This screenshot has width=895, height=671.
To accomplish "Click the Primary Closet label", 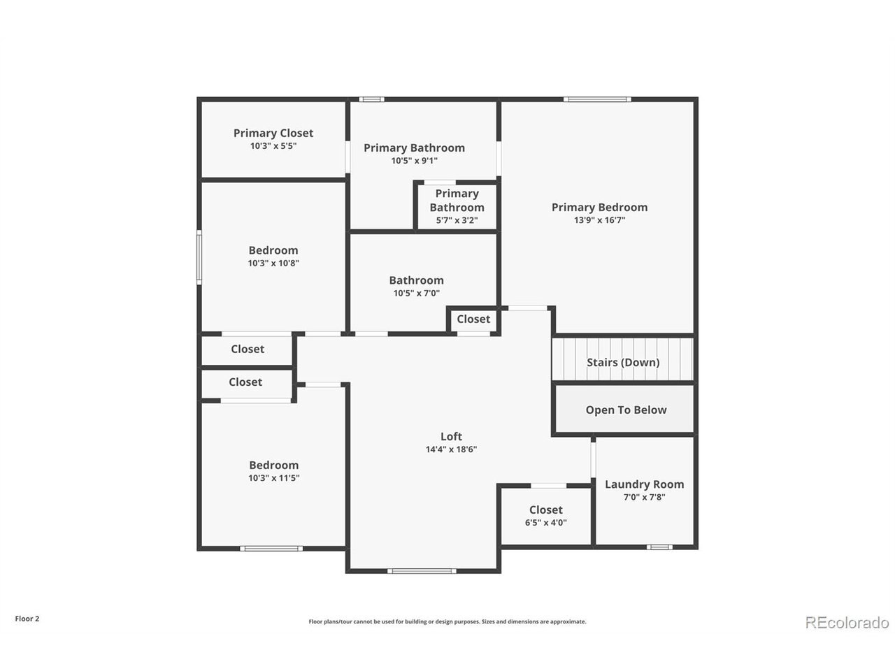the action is click(x=273, y=134).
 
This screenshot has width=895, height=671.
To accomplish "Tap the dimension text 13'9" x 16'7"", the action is click(x=599, y=220).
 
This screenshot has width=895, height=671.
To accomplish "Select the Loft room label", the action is click(x=451, y=436).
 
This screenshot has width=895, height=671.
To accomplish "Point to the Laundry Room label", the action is click(x=644, y=484).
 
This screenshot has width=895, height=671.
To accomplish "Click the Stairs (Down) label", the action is click(x=622, y=362).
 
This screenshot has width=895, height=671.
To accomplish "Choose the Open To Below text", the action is click(x=626, y=410).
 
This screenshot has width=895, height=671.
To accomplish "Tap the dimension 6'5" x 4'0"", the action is click(x=545, y=523).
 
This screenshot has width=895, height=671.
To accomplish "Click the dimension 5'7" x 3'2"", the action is click(x=457, y=220).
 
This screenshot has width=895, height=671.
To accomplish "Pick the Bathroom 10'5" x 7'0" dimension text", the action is click(x=416, y=293).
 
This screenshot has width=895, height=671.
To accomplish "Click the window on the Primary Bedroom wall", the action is click(x=597, y=99).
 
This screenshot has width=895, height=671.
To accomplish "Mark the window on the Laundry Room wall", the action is click(x=659, y=547).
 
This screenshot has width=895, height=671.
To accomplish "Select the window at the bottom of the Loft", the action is click(x=422, y=571).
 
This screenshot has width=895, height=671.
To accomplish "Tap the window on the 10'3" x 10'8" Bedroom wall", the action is click(x=199, y=257).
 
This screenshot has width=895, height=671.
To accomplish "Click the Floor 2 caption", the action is click(x=27, y=619).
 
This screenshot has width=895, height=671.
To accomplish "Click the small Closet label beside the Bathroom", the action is click(x=473, y=319).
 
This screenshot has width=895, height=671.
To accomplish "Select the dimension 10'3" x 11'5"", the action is click(x=273, y=478).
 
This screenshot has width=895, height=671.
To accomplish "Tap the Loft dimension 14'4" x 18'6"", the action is click(x=451, y=449).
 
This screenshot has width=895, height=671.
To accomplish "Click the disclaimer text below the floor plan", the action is click(x=447, y=621).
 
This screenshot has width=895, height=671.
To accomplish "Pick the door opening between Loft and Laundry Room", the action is click(x=593, y=459).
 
